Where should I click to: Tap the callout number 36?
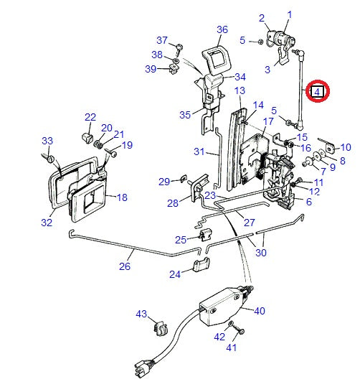222,29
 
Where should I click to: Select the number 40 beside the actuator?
259,310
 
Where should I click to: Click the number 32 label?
47,223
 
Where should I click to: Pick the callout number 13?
240,90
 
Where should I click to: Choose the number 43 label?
141,314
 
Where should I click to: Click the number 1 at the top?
290,14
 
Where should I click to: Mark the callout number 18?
122,197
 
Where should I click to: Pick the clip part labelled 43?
160,330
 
